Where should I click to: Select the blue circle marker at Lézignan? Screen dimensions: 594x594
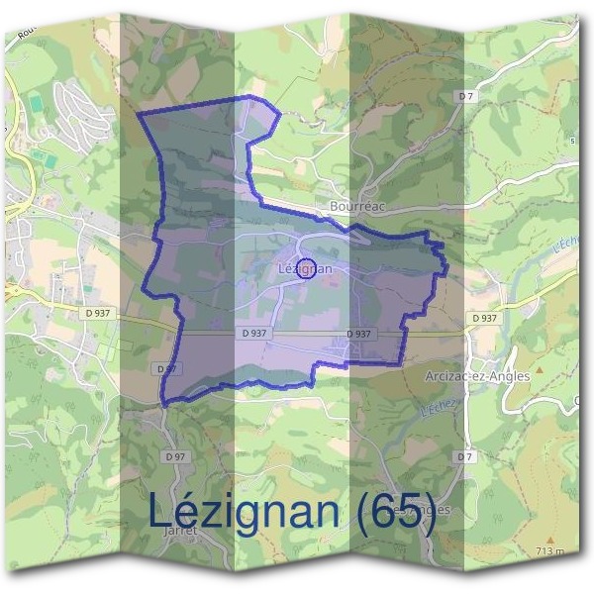point(307,267)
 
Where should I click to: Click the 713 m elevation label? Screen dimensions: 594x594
point(549,550)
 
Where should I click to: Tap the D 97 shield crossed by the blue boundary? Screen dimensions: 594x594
point(167,367)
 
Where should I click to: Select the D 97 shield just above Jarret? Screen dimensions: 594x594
point(176,455)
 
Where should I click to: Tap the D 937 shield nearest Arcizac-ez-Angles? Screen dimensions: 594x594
point(484,318)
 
